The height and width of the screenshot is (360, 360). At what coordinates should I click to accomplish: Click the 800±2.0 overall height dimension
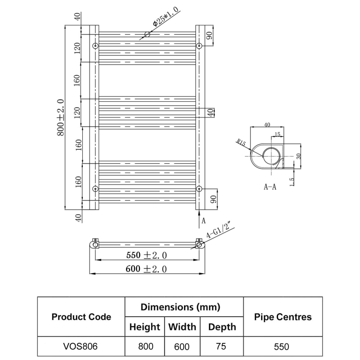(60, 117)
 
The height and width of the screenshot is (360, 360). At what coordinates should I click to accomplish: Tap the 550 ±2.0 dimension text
(147, 255)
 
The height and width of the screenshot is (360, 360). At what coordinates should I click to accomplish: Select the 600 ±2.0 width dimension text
(147, 269)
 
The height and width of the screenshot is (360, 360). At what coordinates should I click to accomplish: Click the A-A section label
(270, 187)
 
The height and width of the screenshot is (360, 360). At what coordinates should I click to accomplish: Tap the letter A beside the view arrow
(203, 220)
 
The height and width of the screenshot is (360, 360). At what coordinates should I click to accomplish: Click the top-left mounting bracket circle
(95, 46)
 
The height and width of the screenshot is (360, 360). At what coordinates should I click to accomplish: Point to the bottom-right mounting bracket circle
(199, 188)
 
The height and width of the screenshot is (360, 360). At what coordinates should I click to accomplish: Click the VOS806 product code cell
(81, 347)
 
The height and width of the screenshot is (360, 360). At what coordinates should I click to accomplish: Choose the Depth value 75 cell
(221, 347)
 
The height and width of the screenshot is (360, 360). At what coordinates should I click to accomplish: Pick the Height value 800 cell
(144, 347)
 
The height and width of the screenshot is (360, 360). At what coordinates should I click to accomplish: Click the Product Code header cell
(81, 317)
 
